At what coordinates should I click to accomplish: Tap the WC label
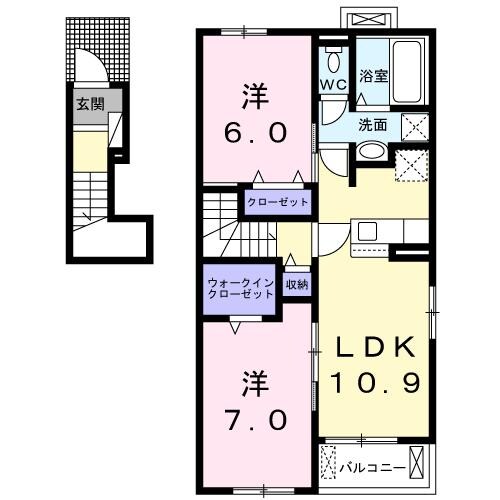(333, 85)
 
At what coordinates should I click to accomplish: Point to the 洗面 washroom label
(373, 125)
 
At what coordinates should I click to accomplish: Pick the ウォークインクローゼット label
(241, 287)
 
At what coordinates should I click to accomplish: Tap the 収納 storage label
(296, 283)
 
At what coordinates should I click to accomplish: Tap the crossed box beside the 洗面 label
(414, 126)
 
